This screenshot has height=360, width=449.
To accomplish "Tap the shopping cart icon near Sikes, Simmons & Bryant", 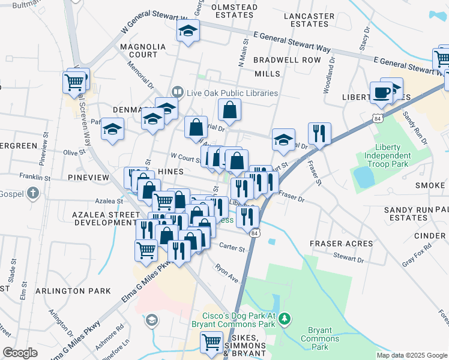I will tap(212, 342).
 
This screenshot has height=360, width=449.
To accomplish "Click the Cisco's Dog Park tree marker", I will tap(287, 317).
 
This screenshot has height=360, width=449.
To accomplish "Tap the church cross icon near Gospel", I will tap(33, 193).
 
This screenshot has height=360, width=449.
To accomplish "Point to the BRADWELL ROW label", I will tap(287, 60).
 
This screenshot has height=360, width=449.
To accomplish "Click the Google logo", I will tap(20, 353).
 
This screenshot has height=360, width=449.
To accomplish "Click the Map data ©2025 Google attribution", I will tap(411, 355).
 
